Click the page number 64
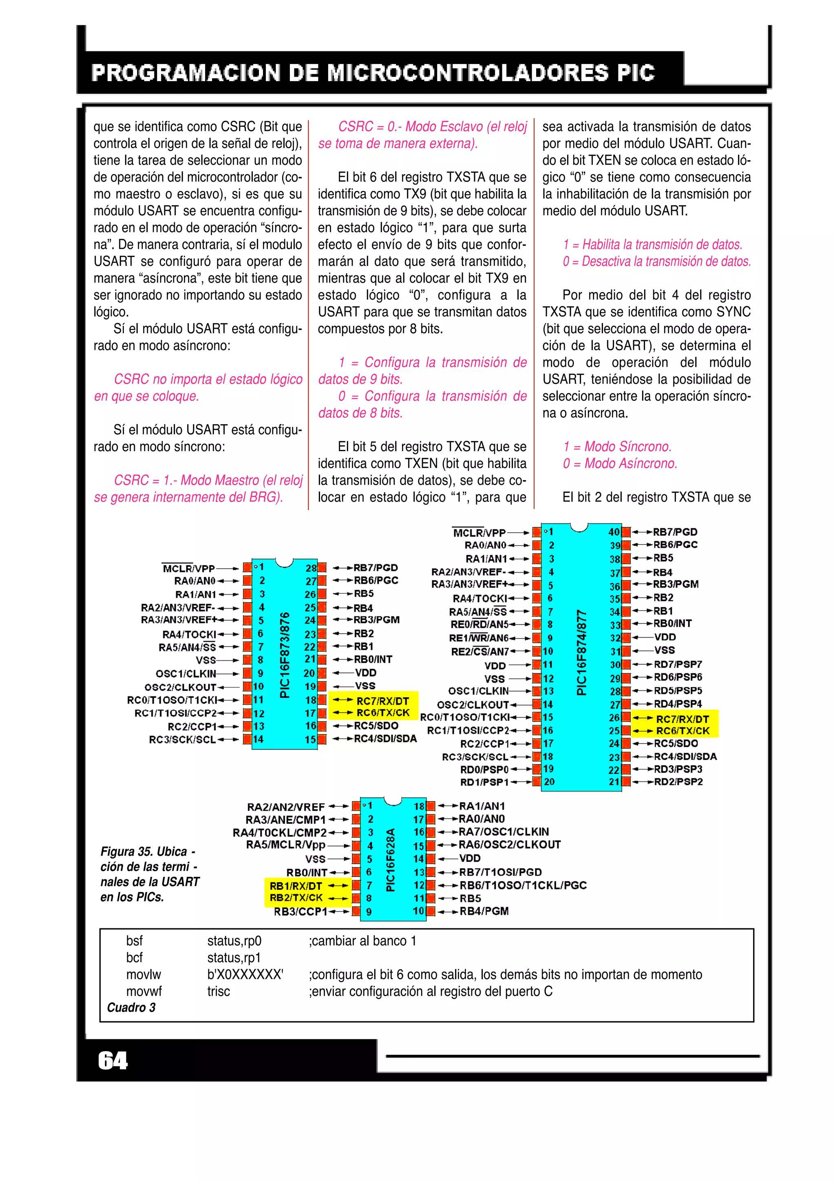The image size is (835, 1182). tap(113, 1060)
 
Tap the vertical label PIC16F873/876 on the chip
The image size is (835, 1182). tap(284, 655)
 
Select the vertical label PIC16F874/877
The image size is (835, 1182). tap(581, 652)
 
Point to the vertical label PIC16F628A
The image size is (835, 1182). tap(391, 860)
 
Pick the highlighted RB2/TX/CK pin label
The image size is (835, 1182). tap(296, 898)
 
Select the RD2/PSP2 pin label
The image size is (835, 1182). tap(678, 781)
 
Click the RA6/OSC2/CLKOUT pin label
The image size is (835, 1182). tap(509, 844)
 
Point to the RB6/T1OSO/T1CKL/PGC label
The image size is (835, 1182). tap(523, 885)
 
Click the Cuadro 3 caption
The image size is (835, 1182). tap(131, 1007)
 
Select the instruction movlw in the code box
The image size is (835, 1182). tap(144, 974)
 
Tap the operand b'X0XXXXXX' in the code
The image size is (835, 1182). tap(245, 974)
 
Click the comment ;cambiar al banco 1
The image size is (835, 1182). tap(362, 941)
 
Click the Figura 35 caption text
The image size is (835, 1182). tap(149, 874)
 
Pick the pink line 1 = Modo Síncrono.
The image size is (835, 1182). tap(617, 446)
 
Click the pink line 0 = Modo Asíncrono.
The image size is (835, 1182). tap(620, 463)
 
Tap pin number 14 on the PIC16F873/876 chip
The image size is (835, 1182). tap(258, 739)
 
